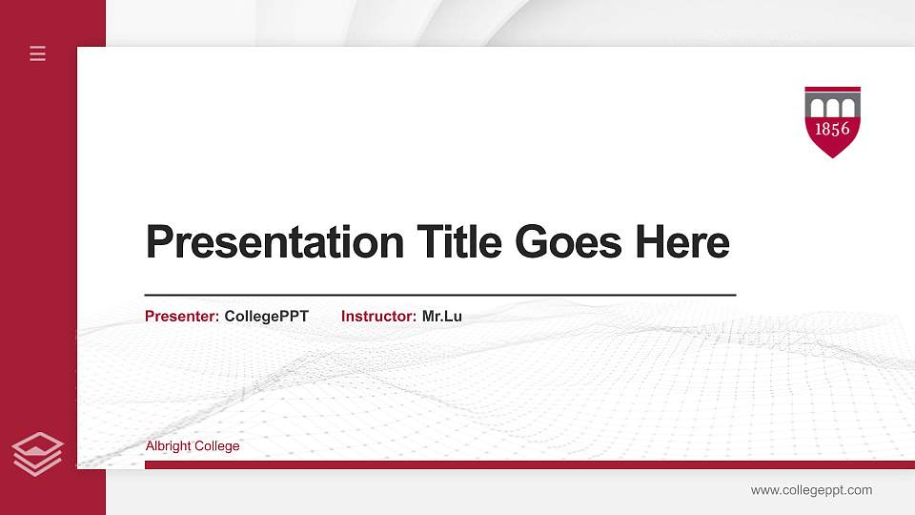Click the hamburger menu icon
tap(37, 53)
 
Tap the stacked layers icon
tap(37, 453)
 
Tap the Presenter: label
tap(182, 317)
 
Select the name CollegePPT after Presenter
tap(267, 317)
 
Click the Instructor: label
tap(378, 317)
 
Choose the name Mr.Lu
tap(442, 317)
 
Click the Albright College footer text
tap(193, 446)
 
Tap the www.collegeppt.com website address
tap(811, 490)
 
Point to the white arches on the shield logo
tap(832, 106)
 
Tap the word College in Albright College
tap(218, 446)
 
